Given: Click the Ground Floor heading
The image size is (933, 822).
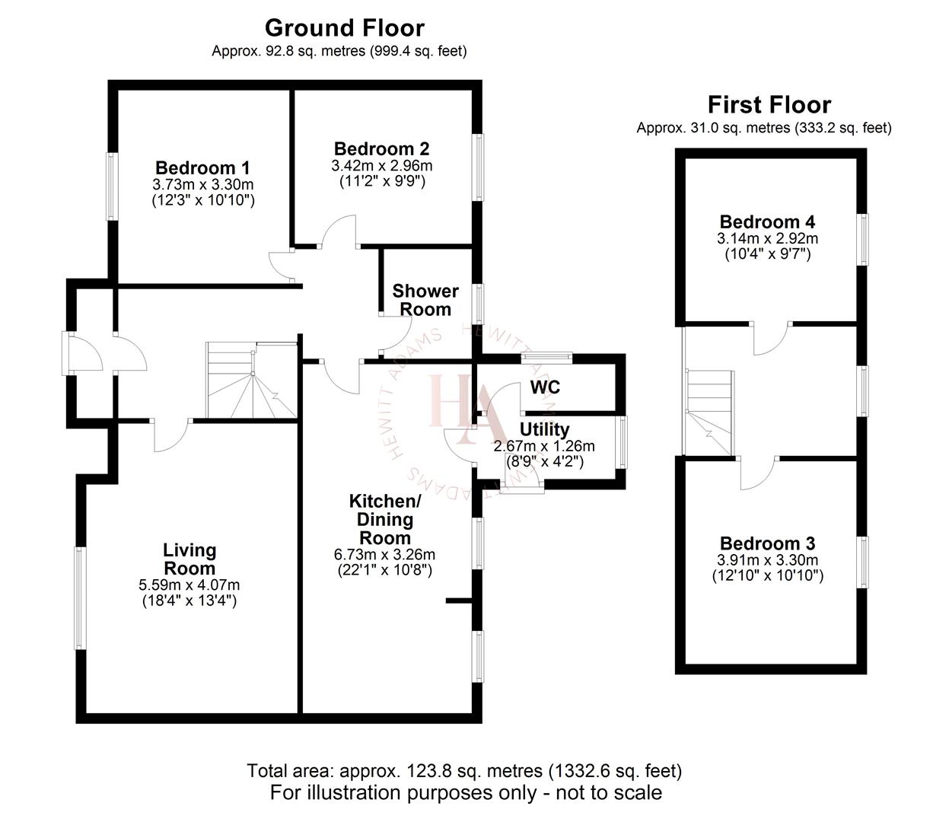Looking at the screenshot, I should click(x=344, y=28).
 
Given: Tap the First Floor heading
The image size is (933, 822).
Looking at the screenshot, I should click(x=769, y=104).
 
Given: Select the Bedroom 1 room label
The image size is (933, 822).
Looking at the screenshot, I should click(x=202, y=167).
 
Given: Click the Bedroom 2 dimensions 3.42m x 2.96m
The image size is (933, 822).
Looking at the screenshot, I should click(x=381, y=165).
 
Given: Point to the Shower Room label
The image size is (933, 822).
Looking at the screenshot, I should click(x=425, y=300).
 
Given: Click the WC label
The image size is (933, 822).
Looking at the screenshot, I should click(x=545, y=387).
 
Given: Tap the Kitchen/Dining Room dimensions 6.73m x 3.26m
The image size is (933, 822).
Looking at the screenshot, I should click(x=385, y=554).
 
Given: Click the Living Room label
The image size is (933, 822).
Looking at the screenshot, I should click(x=189, y=559).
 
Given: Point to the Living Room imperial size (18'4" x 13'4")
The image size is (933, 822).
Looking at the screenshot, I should click(x=189, y=601).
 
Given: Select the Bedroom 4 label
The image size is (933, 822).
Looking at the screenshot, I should click(x=767, y=221).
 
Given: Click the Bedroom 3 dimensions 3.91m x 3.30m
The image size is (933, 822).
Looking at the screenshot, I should click(x=767, y=561).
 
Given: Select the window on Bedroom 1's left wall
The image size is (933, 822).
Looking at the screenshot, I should click(x=111, y=186).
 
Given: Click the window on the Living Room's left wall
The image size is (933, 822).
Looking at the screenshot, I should click(x=79, y=598).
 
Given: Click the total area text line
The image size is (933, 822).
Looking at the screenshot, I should click(x=464, y=770).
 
